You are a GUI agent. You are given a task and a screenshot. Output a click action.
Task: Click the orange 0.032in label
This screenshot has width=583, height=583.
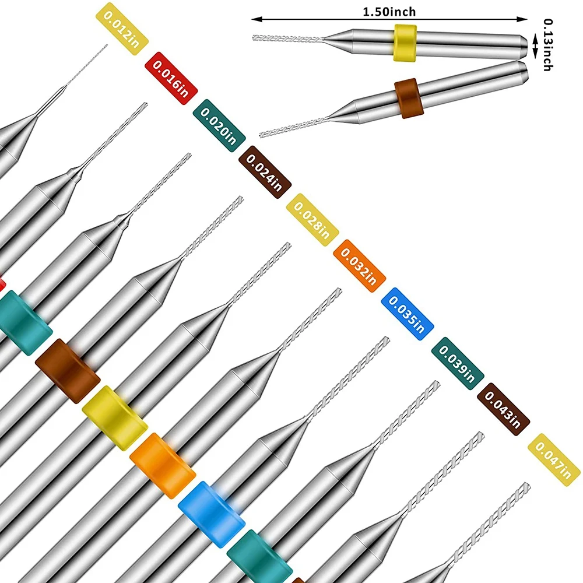[360, 265]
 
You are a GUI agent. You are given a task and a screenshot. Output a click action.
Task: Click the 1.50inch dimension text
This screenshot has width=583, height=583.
[389, 11]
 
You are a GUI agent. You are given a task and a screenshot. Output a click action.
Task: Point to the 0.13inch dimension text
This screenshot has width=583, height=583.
[548, 45]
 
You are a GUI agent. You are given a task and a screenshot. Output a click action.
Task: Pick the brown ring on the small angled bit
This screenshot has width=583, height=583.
[409, 99]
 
